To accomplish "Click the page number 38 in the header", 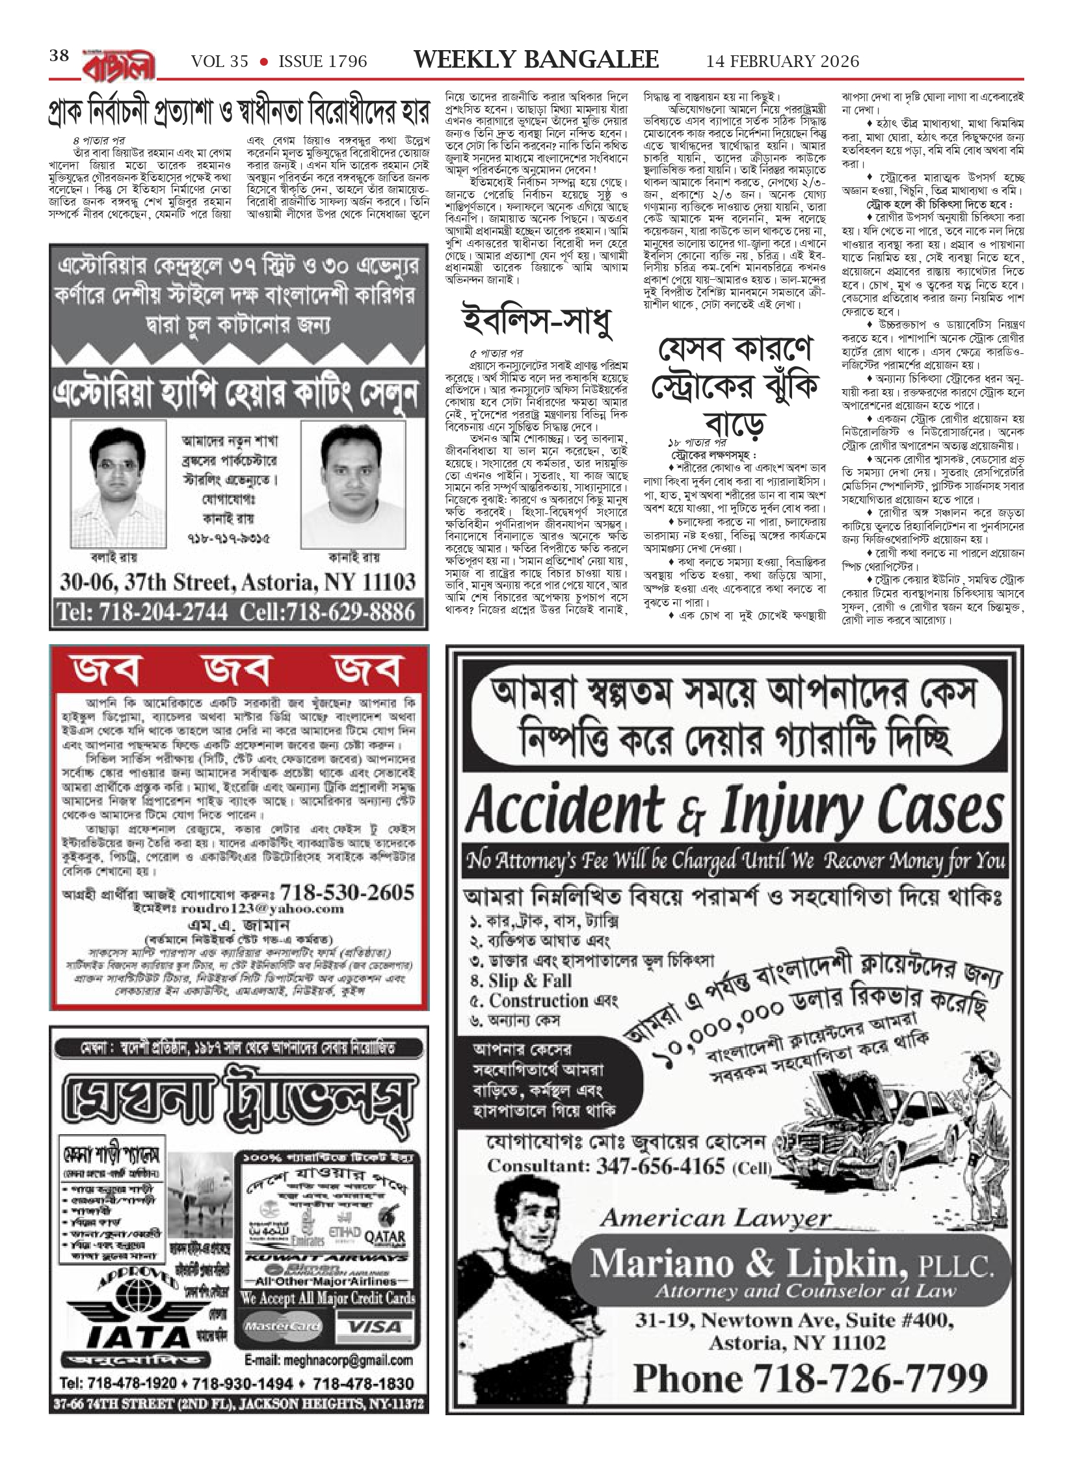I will (59, 56).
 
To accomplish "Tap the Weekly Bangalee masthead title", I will (536, 60).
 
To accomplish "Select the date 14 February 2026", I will (782, 61).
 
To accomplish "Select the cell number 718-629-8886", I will (327, 612).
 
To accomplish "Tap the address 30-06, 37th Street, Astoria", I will (237, 581).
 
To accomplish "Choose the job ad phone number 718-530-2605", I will (347, 891).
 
